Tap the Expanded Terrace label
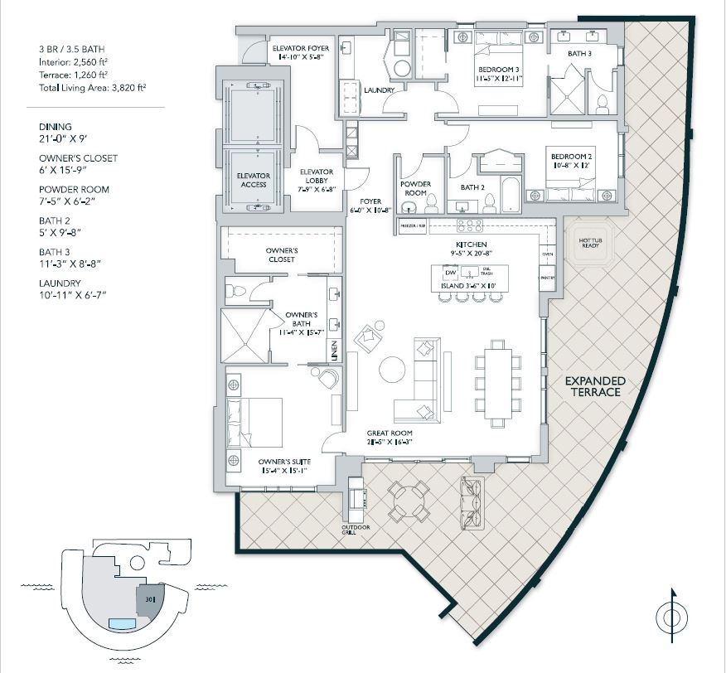click(595, 386)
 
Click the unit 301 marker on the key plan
click(150, 596)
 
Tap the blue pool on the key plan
click(122, 623)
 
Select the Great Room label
click(390, 433)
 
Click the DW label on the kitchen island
click(450, 273)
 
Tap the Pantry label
click(547, 278)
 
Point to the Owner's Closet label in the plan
click(282, 254)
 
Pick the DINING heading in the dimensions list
click(56, 127)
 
